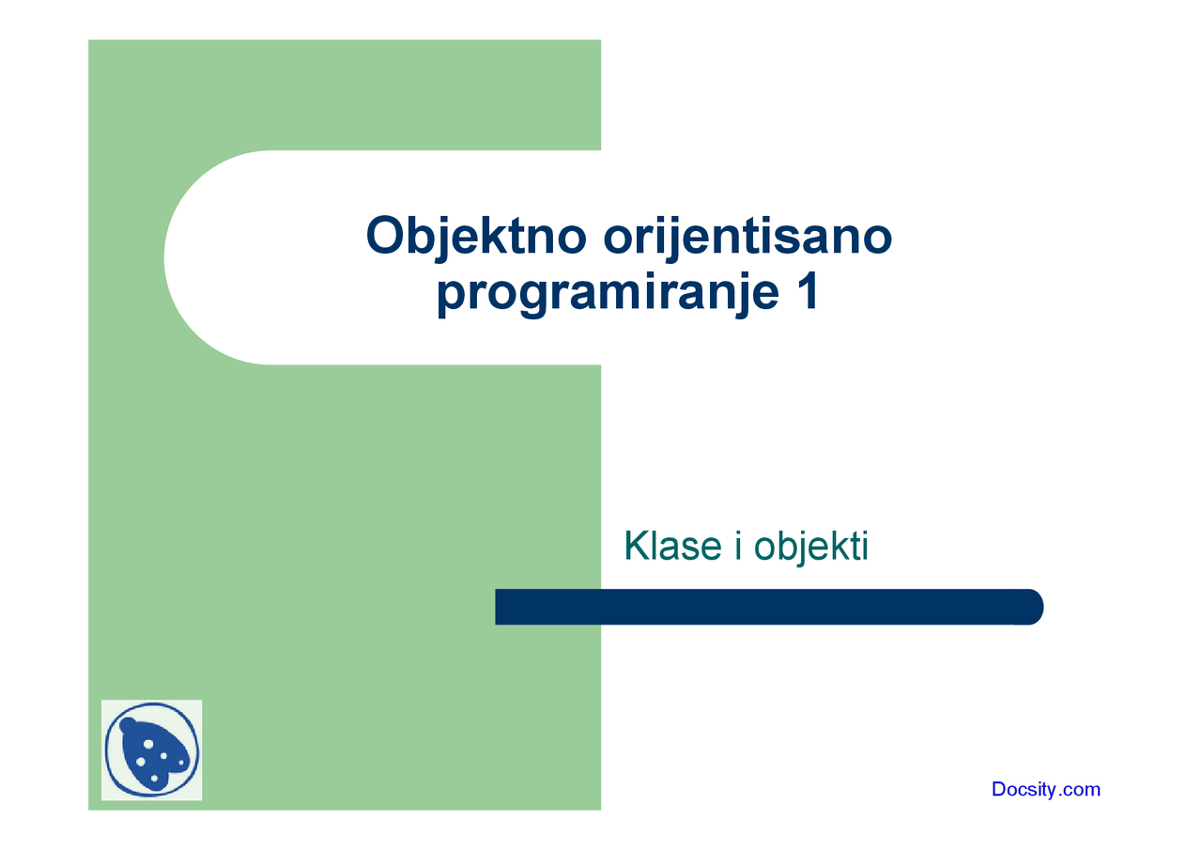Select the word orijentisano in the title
pos(747,236)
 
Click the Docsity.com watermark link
pos(1045,789)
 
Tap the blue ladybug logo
pos(151,750)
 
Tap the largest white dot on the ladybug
pos(148,744)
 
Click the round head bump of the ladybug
pos(129,725)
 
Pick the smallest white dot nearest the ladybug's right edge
pos(181,763)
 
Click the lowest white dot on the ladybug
pos(154,778)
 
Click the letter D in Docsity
pos(999,789)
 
